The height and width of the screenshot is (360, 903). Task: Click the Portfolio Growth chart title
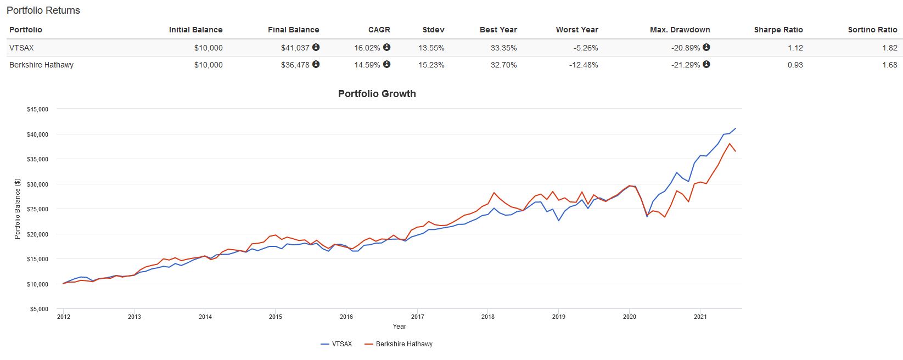tap(377, 94)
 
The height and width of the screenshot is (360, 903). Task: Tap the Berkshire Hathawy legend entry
tap(404, 344)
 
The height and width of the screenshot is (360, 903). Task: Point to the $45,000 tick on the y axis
tap(37, 109)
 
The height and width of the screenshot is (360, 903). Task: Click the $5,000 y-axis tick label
tap(39, 309)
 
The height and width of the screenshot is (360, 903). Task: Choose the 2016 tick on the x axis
tap(346, 317)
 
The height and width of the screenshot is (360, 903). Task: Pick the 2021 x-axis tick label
tap(700, 317)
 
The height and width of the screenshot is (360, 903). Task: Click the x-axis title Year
tap(399, 327)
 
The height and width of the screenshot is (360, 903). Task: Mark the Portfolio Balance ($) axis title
tap(18, 209)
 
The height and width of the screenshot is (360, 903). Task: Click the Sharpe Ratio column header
tap(778, 30)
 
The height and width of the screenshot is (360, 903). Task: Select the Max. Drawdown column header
tap(680, 30)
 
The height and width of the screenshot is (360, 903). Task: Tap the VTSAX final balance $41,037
tap(295, 48)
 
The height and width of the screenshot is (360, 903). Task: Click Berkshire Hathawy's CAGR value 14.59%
tap(367, 65)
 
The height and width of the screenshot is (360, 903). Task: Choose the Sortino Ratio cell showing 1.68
tap(889, 65)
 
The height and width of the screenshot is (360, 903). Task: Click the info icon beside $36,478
tap(316, 64)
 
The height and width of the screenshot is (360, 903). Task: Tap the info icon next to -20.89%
tap(706, 47)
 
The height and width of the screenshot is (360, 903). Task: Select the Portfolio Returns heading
tap(43, 10)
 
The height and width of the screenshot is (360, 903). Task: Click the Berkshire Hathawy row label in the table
tap(41, 65)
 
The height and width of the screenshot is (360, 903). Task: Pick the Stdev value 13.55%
tap(431, 48)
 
